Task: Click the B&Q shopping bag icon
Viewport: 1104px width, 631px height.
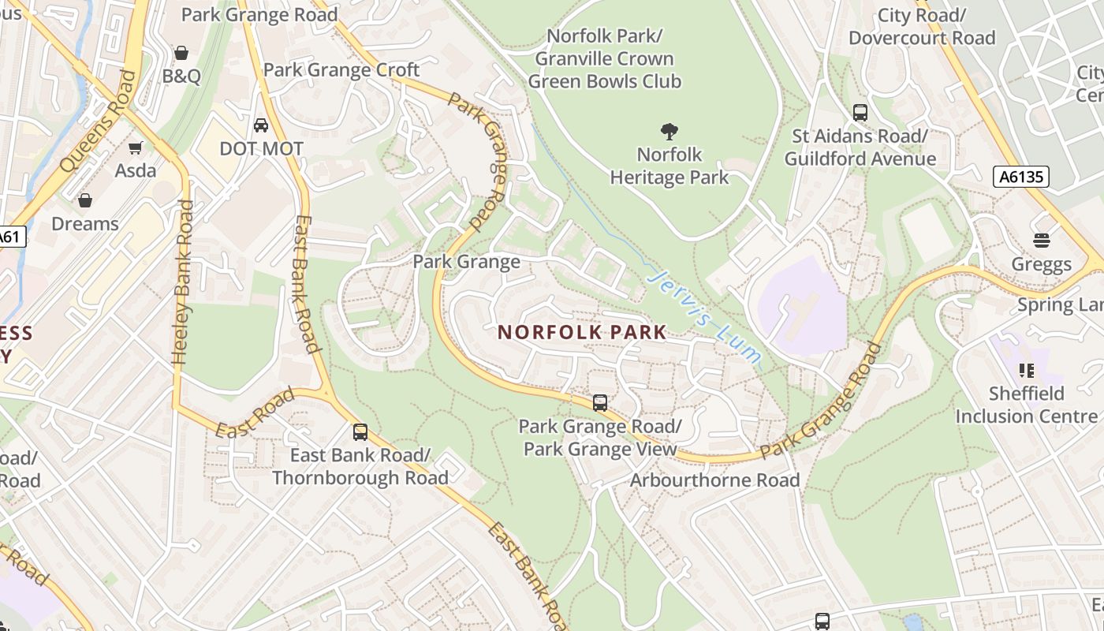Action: [x=181, y=53]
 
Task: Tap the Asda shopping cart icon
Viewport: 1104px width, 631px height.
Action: [x=136, y=147]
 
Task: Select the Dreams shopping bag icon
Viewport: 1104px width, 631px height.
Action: [x=85, y=200]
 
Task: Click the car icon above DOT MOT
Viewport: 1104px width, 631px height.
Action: [x=261, y=125]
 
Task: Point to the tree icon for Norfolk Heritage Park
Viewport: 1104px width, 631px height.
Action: [x=669, y=131]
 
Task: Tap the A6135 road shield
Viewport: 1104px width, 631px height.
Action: [x=1021, y=177]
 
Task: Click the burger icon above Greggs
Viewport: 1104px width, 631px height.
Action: [x=1042, y=241]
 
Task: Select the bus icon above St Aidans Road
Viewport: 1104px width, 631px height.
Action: [x=860, y=113]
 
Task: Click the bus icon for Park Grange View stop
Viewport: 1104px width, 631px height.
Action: [x=600, y=403]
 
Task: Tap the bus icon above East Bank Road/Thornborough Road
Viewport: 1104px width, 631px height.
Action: [x=360, y=431]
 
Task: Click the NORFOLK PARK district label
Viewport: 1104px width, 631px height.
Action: [x=583, y=332]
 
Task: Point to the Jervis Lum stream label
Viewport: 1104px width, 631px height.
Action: [x=704, y=317]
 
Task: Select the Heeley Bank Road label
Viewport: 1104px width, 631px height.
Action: [x=183, y=282]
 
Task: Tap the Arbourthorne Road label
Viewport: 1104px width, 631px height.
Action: [x=714, y=480]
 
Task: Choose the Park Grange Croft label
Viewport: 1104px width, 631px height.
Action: [x=341, y=69]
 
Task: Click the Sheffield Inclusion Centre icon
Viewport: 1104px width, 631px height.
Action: [x=1026, y=370]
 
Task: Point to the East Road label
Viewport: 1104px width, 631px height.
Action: [x=254, y=413]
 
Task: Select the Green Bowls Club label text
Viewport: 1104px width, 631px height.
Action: [x=604, y=81]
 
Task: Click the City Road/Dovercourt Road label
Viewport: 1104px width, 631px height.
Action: [x=922, y=26]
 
